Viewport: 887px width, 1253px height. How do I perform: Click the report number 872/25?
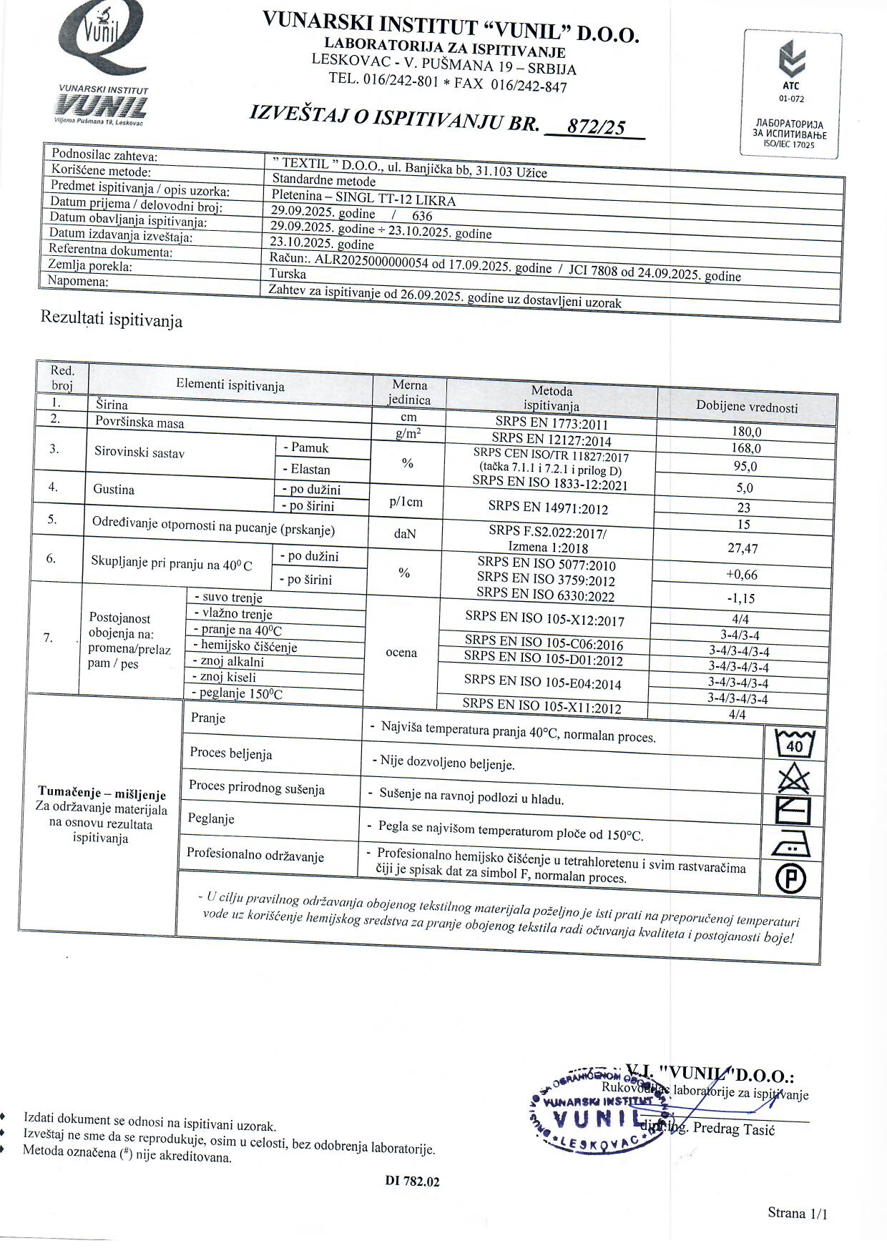(595, 127)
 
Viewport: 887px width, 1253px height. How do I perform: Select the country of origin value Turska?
(288, 274)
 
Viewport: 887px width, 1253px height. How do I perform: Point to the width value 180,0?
(746, 432)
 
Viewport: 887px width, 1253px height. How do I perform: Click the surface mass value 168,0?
(745, 448)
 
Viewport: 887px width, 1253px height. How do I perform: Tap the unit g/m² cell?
(408, 432)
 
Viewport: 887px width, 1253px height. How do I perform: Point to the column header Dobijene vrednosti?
(747, 407)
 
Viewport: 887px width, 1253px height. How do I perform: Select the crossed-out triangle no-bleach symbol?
(793, 778)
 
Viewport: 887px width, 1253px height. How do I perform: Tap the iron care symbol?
(791, 845)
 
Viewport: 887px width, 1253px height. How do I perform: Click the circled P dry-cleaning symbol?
(790, 878)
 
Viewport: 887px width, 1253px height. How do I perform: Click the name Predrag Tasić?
(734, 1129)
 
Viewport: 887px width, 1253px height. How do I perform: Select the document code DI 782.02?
(412, 1182)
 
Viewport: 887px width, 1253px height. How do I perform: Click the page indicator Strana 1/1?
(797, 1212)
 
